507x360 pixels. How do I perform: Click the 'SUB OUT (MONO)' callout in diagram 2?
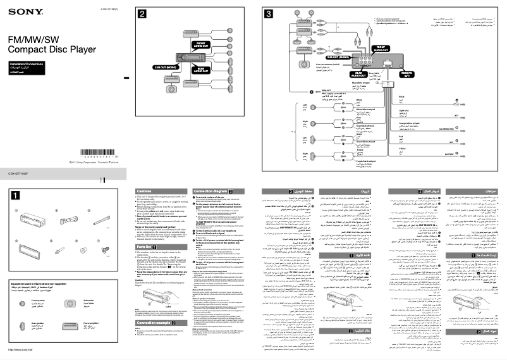tap(166, 65)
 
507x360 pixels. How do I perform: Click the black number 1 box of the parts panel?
tap(16, 195)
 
